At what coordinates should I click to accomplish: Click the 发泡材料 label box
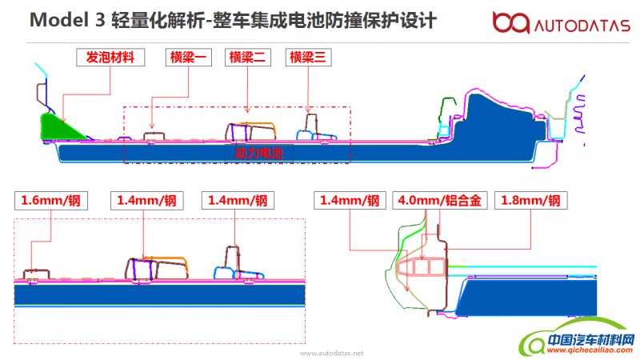click(x=110, y=58)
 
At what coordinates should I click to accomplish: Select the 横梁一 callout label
click(x=189, y=58)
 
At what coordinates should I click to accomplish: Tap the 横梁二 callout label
click(x=248, y=58)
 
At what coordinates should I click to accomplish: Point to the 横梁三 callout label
click(x=310, y=58)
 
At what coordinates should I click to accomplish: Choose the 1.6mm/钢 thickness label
click(x=52, y=201)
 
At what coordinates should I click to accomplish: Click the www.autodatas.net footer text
click(x=331, y=352)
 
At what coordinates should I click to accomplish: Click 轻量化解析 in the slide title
click(x=159, y=20)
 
